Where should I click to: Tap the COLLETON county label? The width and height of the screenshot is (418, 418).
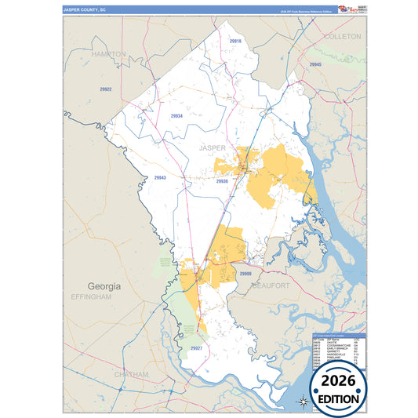(342, 37)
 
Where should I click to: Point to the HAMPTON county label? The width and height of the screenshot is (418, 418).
(108, 54)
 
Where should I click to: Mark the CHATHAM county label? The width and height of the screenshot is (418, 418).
(129, 375)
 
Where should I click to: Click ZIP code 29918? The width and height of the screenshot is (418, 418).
(236, 40)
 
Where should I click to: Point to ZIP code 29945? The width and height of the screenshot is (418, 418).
(315, 64)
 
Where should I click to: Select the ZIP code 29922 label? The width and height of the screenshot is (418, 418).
(106, 89)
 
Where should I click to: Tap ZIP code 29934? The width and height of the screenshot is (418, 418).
(176, 116)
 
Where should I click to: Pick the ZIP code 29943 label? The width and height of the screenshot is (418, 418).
(160, 178)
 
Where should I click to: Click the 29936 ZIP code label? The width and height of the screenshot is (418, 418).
(222, 181)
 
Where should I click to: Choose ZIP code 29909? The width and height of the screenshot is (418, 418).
(245, 274)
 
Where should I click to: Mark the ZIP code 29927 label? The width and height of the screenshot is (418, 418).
(196, 347)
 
